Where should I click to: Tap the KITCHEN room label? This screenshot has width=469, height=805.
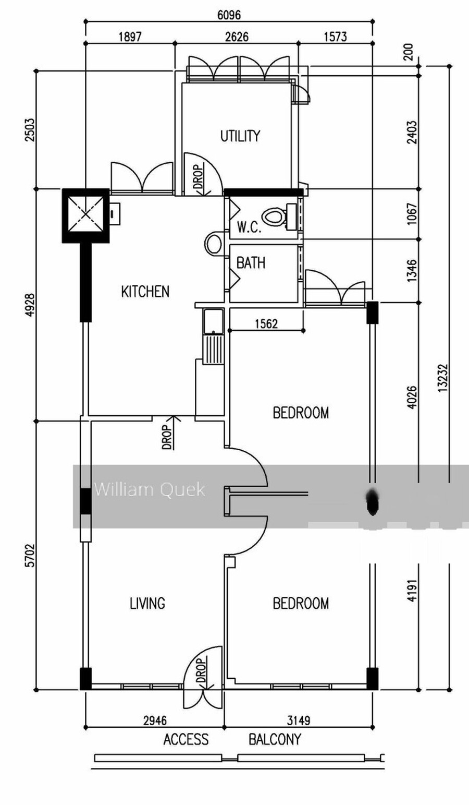(145, 292)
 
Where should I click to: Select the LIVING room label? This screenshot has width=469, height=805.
(147, 603)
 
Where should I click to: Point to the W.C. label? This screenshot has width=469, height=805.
(249, 227)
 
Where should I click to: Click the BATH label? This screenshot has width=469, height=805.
(251, 263)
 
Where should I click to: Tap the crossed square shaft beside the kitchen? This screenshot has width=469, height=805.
(85, 215)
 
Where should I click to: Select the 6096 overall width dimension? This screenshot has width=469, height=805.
(229, 15)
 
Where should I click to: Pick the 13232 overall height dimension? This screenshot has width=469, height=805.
(443, 378)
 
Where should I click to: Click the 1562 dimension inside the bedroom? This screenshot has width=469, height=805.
(267, 324)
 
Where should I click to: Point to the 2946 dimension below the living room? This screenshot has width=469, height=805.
(155, 720)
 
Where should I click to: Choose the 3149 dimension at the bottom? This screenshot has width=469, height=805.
(299, 720)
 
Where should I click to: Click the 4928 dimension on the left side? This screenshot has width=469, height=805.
(31, 305)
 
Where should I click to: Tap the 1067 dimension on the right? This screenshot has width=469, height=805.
(412, 214)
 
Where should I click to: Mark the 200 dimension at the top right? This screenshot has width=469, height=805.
(409, 52)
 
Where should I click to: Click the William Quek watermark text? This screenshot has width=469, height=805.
(150, 489)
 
